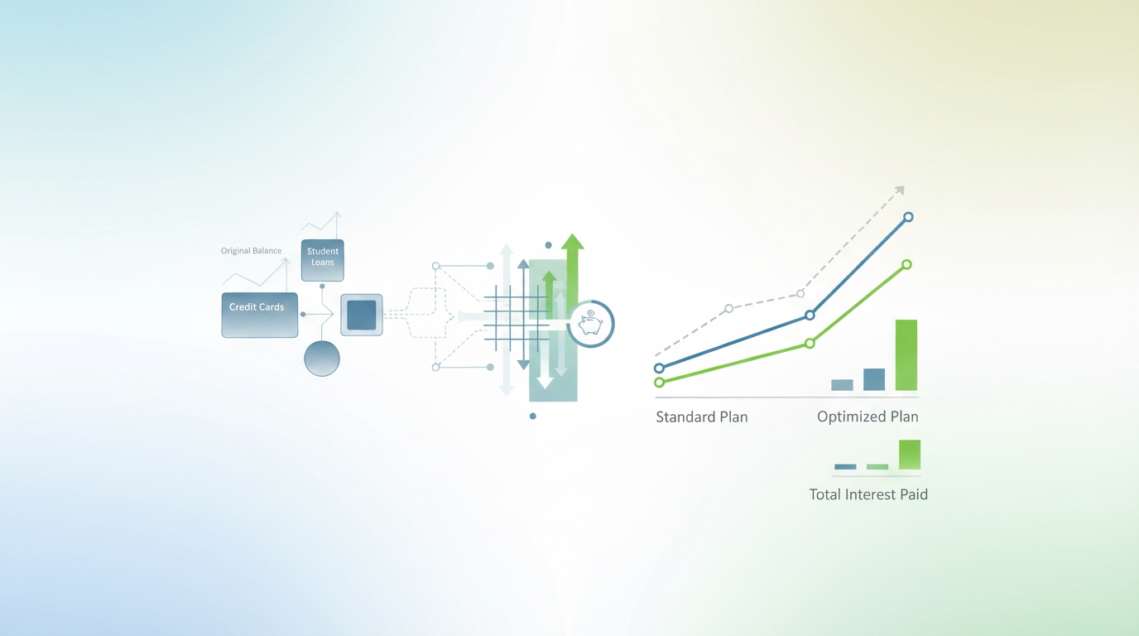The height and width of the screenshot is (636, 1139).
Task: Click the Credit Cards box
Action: click(x=259, y=315)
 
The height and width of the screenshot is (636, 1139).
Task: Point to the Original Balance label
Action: click(x=251, y=251)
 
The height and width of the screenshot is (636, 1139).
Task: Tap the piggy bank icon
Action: click(x=590, y=323)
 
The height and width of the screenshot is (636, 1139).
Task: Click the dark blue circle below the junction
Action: click(x=322, y=359)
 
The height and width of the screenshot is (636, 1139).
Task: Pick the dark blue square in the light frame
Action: click(x=362, y=315)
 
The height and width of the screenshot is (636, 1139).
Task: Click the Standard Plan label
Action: click(x=701, y=417)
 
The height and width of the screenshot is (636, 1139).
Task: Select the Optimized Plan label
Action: click(x=867, y=417)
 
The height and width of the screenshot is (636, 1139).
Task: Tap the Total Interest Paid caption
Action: click(x=868, y=495)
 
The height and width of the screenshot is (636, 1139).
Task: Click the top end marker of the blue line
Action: click(x=908, y=217)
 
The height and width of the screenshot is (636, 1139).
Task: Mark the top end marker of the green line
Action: click(x=906, y=265)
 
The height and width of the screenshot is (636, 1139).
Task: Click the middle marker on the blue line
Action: click(x=810, y=316)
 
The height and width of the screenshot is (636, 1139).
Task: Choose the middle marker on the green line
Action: click(x=810, y=344)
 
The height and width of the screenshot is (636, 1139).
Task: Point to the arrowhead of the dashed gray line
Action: click(x=900, y=191)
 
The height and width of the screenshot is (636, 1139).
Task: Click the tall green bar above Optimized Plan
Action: click(x=906, y=354)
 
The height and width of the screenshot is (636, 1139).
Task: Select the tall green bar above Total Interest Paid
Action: click(x=909, y=455)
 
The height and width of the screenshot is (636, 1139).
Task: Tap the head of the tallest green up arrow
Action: click(x=572, y=242)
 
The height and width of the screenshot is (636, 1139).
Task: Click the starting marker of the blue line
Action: click(x=659, y=369)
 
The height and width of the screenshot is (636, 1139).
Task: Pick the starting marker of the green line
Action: click(x=659, y=383)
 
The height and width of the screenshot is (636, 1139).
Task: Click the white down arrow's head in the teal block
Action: click(x=545, y=382)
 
